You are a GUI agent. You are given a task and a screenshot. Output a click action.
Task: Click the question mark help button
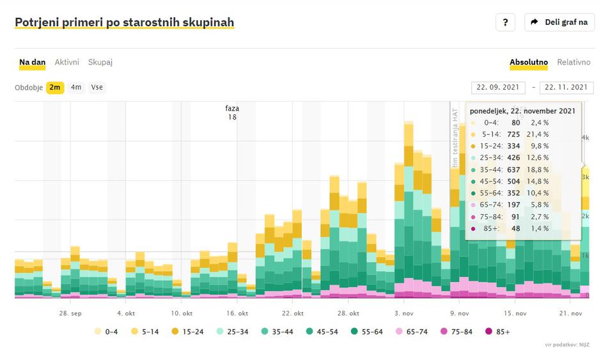point(505,22)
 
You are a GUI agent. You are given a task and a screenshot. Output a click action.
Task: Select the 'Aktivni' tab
point(66,62)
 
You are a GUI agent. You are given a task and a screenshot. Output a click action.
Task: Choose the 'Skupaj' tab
point(100,62)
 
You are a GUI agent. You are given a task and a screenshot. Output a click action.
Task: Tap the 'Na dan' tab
point(32,62)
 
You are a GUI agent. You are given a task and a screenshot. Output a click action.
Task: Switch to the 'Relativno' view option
point(574,62)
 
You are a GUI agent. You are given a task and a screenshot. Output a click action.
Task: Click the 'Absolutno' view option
point(529,62)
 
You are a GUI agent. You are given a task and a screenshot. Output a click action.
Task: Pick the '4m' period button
point(76,87)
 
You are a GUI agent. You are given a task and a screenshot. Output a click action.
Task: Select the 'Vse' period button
point(97,87)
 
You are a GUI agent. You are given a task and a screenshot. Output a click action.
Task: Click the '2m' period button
point(55,87)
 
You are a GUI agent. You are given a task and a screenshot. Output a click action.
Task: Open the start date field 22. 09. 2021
point(498,88)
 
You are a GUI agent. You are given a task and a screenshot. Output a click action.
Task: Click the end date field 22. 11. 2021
point(566,88)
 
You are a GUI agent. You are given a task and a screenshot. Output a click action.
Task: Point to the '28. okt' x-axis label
point(349,313)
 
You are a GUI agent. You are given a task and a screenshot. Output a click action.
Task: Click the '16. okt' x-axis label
point(238,313)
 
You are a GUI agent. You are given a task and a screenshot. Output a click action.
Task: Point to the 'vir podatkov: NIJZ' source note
point(566,345)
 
